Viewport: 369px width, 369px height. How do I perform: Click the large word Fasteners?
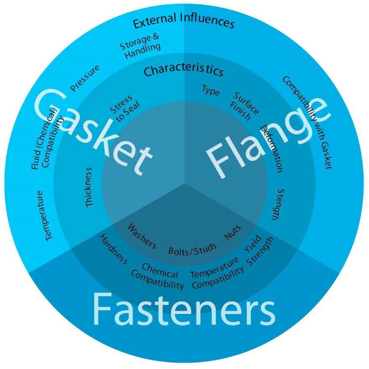pos(184,310)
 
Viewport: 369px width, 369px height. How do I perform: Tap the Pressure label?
pos(85,78)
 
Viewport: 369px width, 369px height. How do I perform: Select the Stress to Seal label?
pos(125,108)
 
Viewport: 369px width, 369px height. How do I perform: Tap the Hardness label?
pos(113,249)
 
